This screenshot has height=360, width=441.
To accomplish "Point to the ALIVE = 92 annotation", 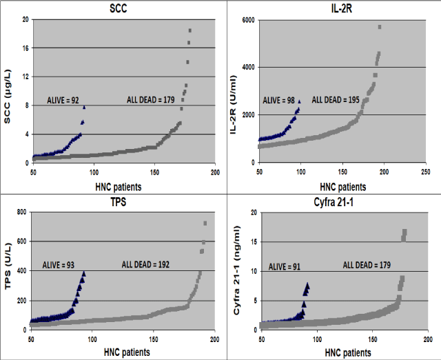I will coord(65,99).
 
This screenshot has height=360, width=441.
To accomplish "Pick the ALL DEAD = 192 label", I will coord(140,264).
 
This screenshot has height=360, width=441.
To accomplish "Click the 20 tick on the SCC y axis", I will coord(25,19).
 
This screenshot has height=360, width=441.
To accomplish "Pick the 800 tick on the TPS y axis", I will coord(23,212).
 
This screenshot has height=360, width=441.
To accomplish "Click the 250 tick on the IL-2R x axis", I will coord(425,172).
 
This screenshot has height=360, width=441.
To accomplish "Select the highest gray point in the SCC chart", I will coord(190,30).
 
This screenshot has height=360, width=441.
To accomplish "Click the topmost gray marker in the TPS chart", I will coord(205,223).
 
